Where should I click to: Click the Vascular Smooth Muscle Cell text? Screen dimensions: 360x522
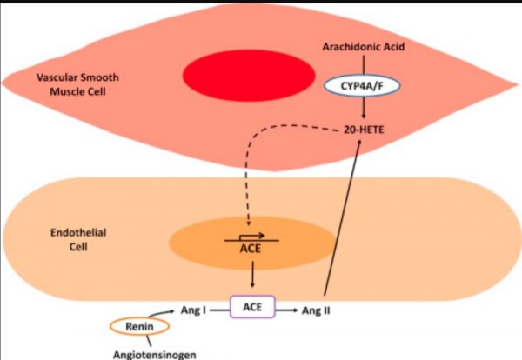tap(77, 85)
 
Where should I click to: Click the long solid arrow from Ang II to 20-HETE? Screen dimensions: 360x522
tap(343, 217)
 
